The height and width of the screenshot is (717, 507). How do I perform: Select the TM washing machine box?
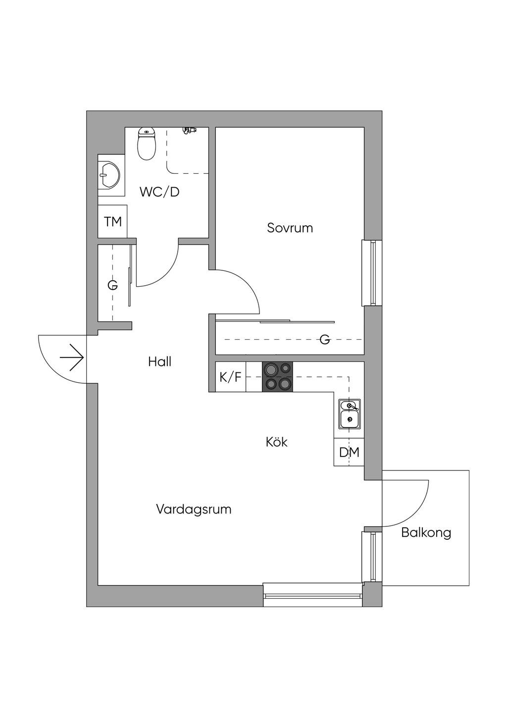tap(113, 221)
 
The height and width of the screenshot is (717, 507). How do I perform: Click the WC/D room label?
tap(159, 192)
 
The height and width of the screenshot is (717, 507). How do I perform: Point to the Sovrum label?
tap(290, 228)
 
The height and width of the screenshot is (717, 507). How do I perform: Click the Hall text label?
tap(159, 362)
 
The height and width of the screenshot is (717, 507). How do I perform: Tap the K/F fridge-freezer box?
tap(230, 377)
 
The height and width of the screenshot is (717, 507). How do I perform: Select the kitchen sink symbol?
tap(350, 414)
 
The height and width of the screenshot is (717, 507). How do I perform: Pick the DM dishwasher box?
tap(349, 452)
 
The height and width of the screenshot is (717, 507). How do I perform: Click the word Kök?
tap(276, 442)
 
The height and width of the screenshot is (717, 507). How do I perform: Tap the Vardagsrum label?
tap(194, 509)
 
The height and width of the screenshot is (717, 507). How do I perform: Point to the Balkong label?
tap(426, 533)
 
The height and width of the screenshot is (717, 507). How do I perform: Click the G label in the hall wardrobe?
tap(112, 286)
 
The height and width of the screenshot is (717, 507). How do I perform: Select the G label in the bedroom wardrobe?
tap(325, 339)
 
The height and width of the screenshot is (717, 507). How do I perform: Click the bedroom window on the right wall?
tap(372, 273)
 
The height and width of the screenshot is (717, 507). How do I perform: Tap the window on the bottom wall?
tap(312, 595)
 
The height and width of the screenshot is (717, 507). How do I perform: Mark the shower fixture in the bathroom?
tap(189, 130)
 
